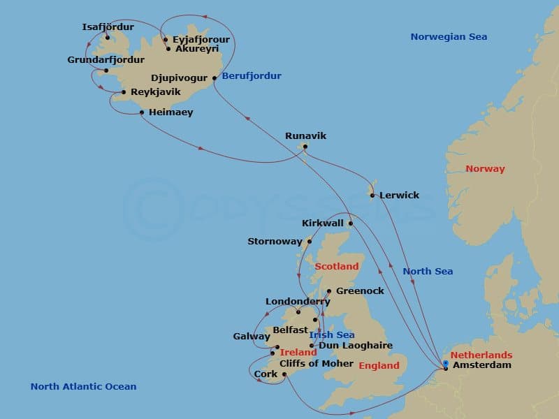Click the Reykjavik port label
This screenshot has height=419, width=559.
point(156,91)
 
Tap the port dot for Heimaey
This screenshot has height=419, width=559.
point(142,112)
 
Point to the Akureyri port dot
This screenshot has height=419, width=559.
point(168,49)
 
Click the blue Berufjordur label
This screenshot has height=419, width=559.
point(252,76)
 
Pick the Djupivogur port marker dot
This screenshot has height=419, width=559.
point(215,78)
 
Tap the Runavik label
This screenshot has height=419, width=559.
point(306,136)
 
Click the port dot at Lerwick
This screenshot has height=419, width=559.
point(372,195)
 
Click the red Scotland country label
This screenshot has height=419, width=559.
point(336,267)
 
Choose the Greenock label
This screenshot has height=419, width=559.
point(360,291)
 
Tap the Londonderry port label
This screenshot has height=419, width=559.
point(297,302)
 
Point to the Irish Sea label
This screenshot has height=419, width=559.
point(331,335)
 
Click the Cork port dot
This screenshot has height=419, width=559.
point(284,374)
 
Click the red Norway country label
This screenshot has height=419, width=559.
point(485,169)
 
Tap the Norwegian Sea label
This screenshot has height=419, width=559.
point(449,37)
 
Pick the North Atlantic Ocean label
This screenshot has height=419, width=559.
point(83,387)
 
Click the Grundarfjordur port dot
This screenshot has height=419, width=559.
point(106,71)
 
